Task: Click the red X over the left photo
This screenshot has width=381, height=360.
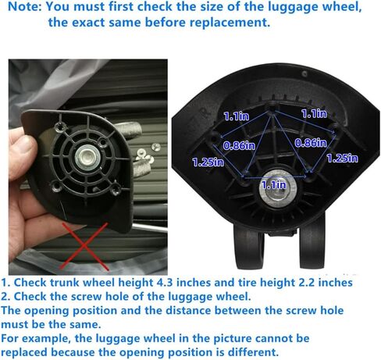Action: (x=84, y=246)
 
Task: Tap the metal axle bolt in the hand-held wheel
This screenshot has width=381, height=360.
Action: (x=87, y=158)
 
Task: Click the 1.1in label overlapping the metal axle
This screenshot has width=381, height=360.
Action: (x=274, y=185)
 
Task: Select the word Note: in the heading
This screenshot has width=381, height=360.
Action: (x=25, y=6)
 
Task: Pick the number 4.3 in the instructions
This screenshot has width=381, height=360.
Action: (x=165, y=283)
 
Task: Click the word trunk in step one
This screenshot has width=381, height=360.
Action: (x=65, y=283)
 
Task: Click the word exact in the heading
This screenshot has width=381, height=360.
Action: (x=87, y=23)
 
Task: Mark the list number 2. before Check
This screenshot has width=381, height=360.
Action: (x=5, y=297)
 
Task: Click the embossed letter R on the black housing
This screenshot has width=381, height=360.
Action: (x=204, y=113)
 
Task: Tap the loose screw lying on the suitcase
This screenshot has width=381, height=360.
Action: (x=156, y=147)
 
